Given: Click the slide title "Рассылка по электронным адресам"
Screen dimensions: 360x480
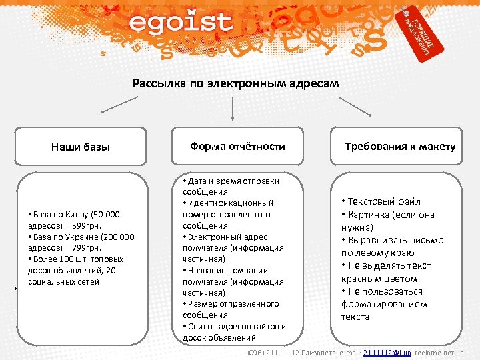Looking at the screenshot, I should point(235,83).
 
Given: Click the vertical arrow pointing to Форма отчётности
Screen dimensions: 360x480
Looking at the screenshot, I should point(231,109).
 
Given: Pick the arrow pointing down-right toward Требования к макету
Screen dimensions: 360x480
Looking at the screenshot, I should point(355,105).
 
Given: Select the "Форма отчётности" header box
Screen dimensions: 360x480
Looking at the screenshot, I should point(237,146).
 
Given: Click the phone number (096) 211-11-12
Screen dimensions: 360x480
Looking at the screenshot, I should point(273,352).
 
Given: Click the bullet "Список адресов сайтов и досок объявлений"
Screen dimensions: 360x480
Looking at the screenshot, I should point(233,331).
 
